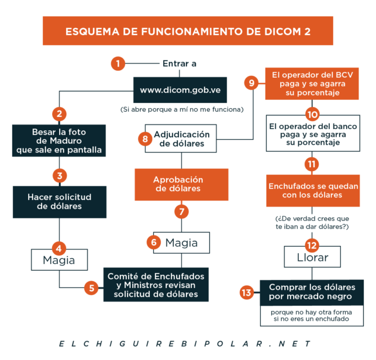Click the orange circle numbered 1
tap(118, 64)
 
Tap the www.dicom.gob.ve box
tap(180, 90)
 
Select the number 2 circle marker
tap(59, 114)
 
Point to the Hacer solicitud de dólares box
tap(60, 202)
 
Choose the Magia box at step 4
tap(59, 260)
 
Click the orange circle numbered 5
tap(91, 288)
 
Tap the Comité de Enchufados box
tap(156, 285)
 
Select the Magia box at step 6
tap(181, 243)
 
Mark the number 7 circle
tap(181, 212)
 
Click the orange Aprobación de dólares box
tap(181, 185)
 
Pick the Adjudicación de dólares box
tap(181, 139)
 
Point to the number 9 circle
tap(251, 83)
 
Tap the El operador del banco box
tap(313, 133)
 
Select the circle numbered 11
tap(312, 164)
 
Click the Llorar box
tap(312, 257)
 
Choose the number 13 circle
tap(247, 292)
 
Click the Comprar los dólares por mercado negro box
tap(312, 292)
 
